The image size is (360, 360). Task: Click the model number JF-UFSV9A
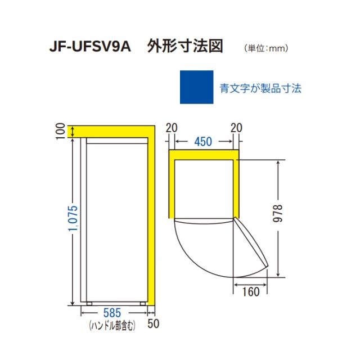(90, 46)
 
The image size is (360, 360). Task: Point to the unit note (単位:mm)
(267, 48)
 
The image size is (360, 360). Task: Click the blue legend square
(196, 87)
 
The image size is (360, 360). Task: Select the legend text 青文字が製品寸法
(260, 88)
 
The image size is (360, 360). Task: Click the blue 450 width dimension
(203, 141)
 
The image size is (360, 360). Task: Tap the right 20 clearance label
(236, 127)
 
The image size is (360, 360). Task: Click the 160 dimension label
(251, 292)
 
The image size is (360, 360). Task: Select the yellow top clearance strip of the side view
(112, 130)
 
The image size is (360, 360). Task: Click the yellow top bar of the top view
(203, 155)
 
